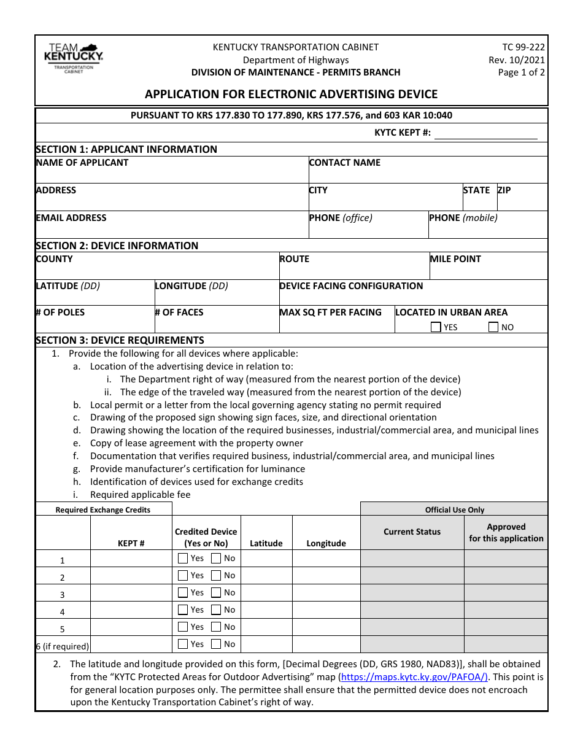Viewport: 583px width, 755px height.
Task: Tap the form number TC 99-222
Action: [523, 47]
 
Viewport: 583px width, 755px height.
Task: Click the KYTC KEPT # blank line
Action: [485, 133]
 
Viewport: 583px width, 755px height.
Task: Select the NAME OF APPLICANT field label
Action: [82, 163]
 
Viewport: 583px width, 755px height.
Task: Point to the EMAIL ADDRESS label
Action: [71, 218]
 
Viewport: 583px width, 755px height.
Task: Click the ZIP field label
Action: [504, 190]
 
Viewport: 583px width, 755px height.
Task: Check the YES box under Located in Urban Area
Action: [436, 327]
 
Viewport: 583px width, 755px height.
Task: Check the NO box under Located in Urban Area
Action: [493, 327]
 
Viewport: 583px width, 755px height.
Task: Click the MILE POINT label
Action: [455, 259]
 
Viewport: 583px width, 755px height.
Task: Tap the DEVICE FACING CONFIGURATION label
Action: [351, 286]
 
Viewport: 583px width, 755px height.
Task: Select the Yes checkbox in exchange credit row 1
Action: [183, 559]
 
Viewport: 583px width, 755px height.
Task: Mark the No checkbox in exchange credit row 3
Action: [216, 593]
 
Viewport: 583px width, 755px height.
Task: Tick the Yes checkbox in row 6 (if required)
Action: [183, 645]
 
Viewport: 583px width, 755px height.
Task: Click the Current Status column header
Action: [412, 532]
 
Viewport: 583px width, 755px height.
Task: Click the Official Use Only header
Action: [454, 509]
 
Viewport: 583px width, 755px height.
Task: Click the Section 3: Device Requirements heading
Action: [120, 340]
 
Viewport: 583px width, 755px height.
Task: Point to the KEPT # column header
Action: [131, 543]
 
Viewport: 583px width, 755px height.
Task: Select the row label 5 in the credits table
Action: [63, 629]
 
